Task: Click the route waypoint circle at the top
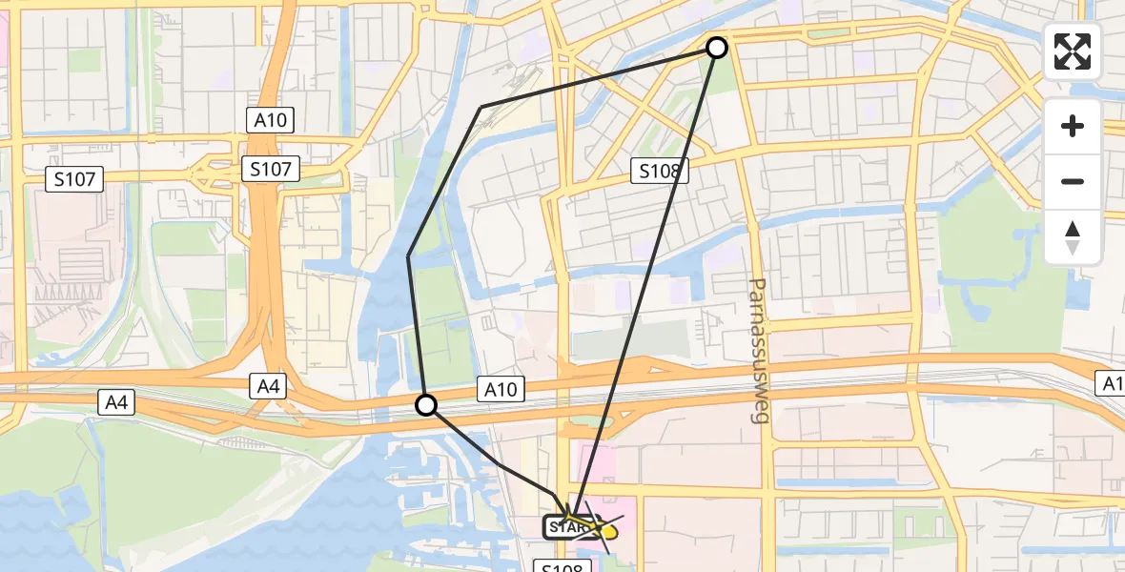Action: [716, 47]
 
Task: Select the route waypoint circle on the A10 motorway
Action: [426, 405]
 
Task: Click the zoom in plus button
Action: [1073, 126]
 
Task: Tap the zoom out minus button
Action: [1073, 181]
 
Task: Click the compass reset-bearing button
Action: [1073, 236]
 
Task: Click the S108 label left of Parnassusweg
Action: [658, 172]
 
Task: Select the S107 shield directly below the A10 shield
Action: [270, 170]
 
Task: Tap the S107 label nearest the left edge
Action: [74, 178]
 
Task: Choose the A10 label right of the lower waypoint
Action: [500, 389]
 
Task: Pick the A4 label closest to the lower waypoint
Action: [268, 386]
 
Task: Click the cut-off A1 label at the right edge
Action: [1112, 383]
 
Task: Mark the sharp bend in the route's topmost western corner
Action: [481, 107]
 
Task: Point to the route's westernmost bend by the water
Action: [409, 255]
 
